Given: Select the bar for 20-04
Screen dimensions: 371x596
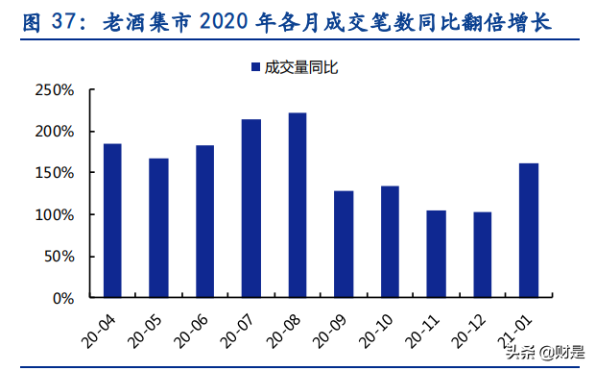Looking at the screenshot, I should click(112, 220).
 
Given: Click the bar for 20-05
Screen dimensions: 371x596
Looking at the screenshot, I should click(158, 228).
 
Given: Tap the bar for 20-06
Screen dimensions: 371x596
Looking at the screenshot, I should click(204, 221).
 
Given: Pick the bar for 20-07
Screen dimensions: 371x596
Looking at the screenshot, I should click(251, 208).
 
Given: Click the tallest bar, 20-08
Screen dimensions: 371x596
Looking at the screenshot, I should click(298, 205).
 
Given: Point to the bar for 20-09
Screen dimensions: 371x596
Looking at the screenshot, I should click(344, 244).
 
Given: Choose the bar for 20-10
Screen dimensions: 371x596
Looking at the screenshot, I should click(390, 241).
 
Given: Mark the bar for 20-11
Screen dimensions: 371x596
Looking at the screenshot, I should click(436, 254).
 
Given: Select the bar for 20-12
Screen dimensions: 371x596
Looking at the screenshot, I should click(482, 255).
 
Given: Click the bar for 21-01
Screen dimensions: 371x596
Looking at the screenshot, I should click(529, 230).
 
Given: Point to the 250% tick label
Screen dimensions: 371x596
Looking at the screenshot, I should click(54, 90).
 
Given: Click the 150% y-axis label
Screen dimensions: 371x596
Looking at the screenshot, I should click(54, 173).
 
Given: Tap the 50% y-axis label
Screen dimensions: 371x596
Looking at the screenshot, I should click(58, 257).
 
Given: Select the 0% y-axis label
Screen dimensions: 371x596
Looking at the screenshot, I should click(61, 298).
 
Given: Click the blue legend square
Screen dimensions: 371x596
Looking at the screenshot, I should click(255, 67).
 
